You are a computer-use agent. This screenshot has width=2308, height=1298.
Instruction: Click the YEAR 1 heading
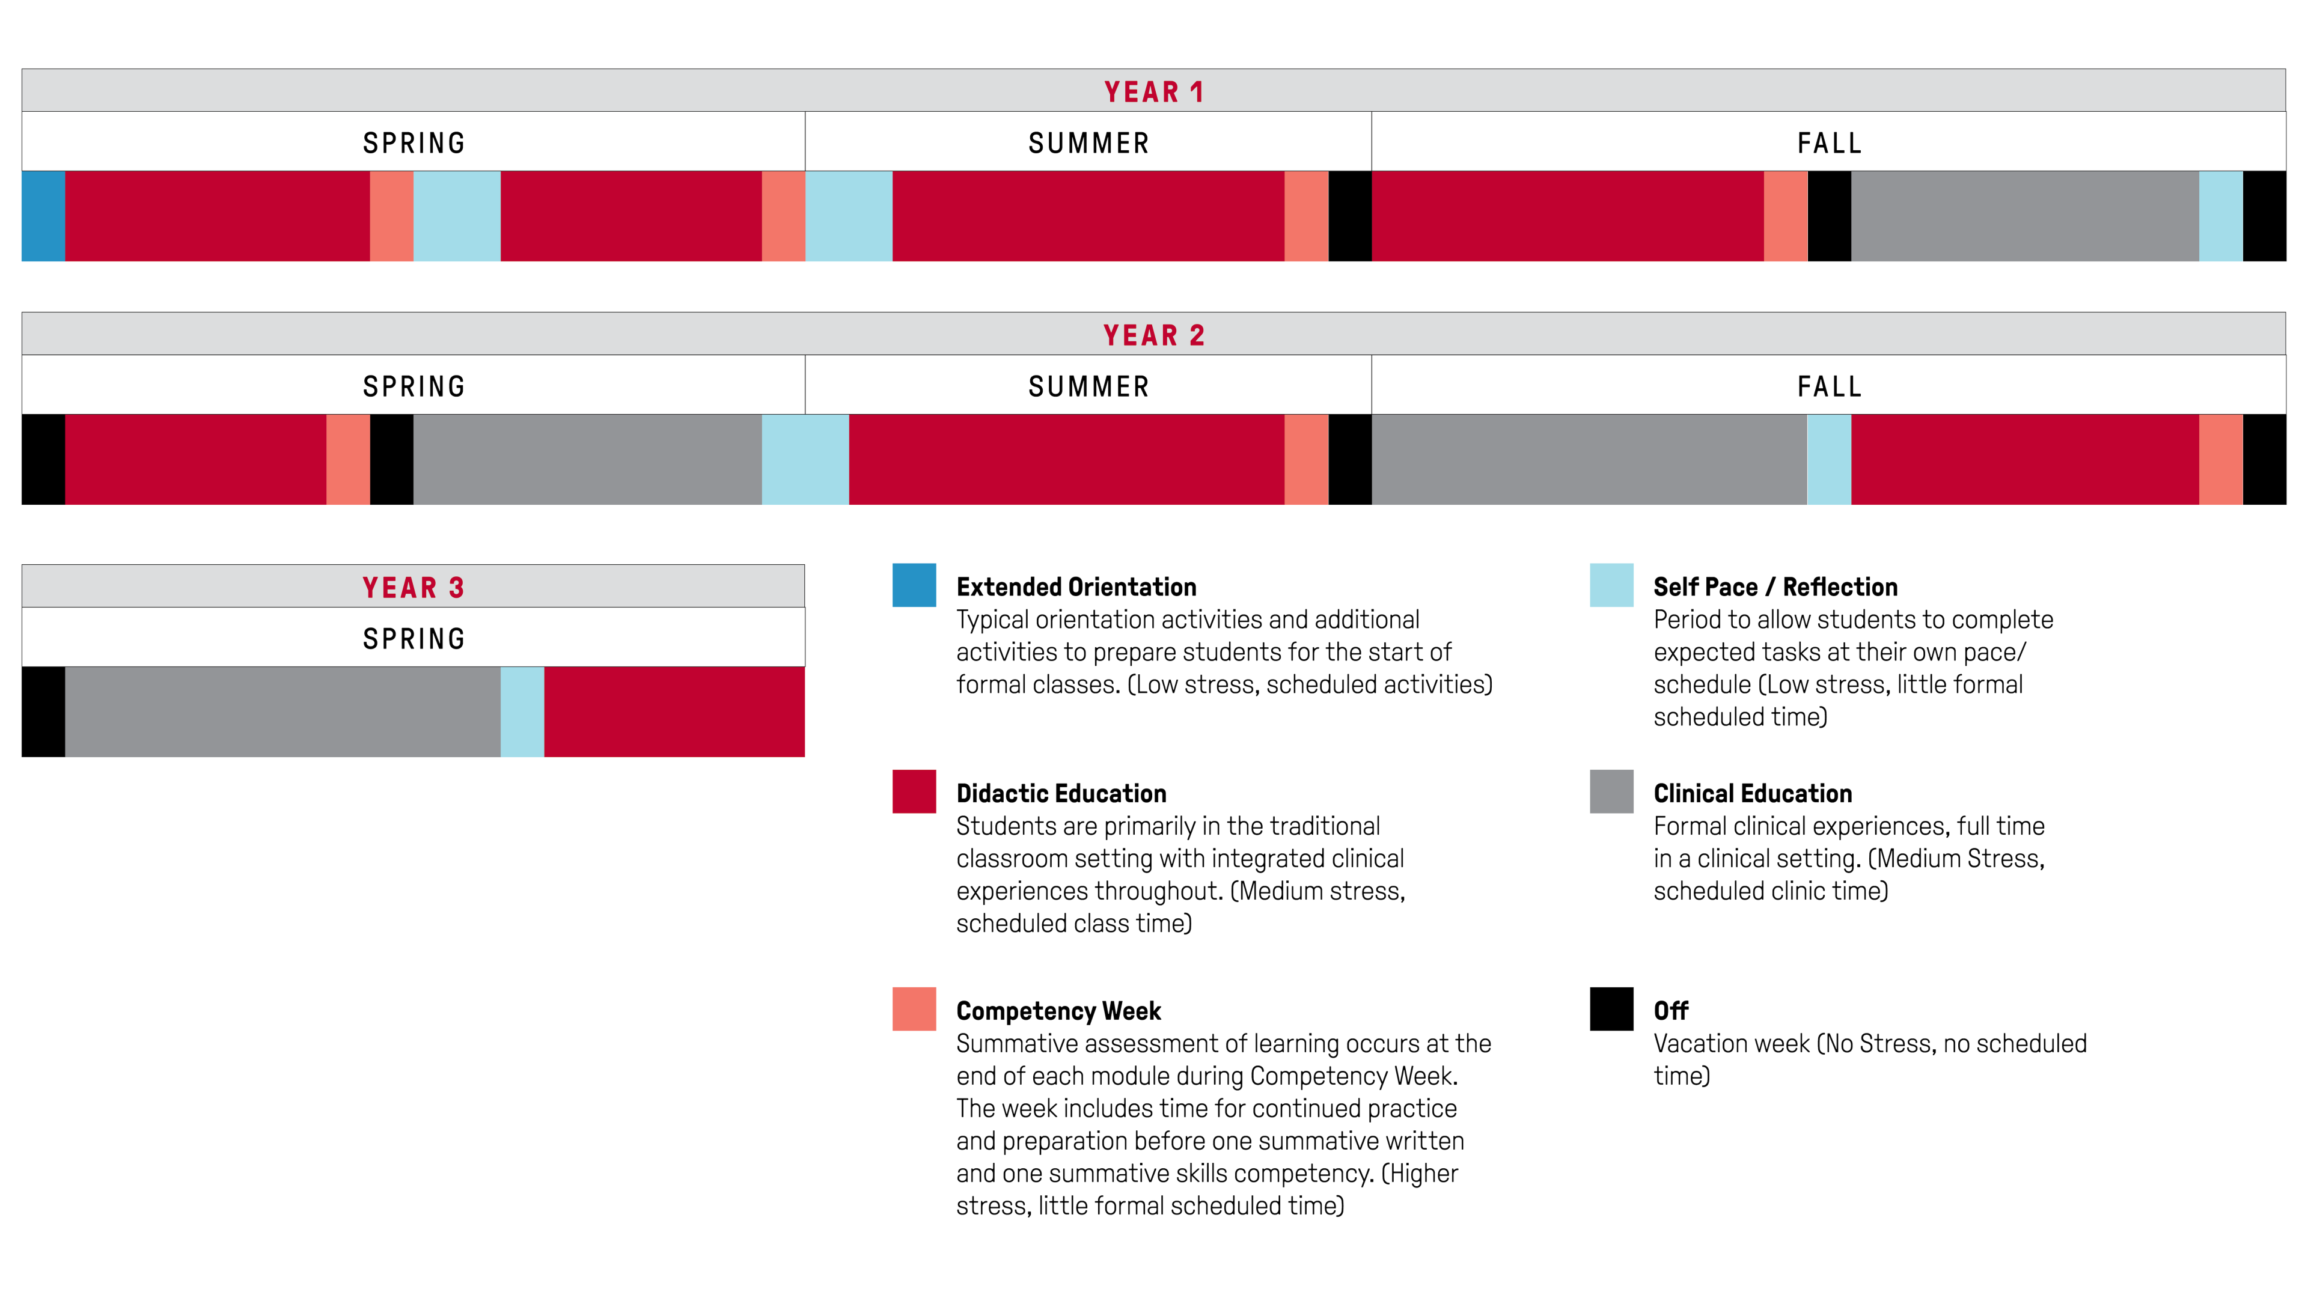coord(1153,91)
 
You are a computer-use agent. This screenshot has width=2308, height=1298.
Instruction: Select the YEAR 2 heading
coord(1153,335)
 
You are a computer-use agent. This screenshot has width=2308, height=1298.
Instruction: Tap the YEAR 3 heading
coord(413,588)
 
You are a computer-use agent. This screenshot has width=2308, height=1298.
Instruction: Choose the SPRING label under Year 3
coord(413,639)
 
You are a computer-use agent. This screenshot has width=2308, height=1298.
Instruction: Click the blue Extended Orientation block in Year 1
coord(43,216)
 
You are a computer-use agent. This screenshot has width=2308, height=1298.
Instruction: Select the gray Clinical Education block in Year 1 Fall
coord(2025,216)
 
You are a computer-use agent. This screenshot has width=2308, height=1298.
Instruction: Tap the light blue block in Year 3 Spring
coord(522,711)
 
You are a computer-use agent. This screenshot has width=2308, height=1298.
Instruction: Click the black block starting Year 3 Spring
coord(43,711)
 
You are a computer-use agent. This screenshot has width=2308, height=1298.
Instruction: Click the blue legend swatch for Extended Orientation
coord(914,585)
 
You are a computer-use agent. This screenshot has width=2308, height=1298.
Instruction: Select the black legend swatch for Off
coord(1611,1009)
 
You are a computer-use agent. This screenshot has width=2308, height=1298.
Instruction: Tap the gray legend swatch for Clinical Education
coord(1611,791)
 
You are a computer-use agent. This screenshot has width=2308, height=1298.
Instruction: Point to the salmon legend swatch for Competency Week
coord(914,1009)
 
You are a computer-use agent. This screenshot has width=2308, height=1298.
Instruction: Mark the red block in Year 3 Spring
coord(674,711)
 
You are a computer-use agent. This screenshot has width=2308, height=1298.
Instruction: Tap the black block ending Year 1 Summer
coord(1349,216)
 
